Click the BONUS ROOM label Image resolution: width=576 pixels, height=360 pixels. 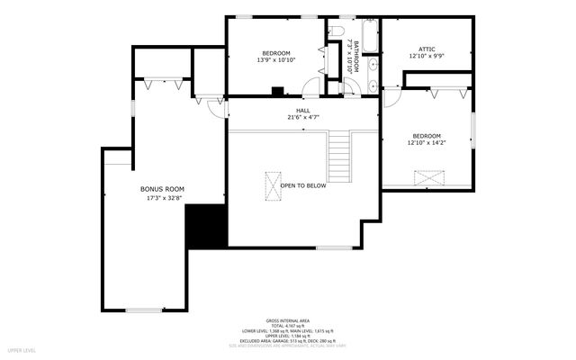[161, 189]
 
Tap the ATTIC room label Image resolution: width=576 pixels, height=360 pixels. [427, 49]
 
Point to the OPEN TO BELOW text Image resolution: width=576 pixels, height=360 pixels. [302, 185]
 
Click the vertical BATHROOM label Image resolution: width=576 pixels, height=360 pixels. [356, 56]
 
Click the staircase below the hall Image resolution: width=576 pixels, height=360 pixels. [338, 156]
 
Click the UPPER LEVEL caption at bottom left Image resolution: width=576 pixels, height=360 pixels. [22, 349]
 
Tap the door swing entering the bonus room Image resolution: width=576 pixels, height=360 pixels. [216, 108]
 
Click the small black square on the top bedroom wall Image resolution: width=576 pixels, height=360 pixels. [277, 90]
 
